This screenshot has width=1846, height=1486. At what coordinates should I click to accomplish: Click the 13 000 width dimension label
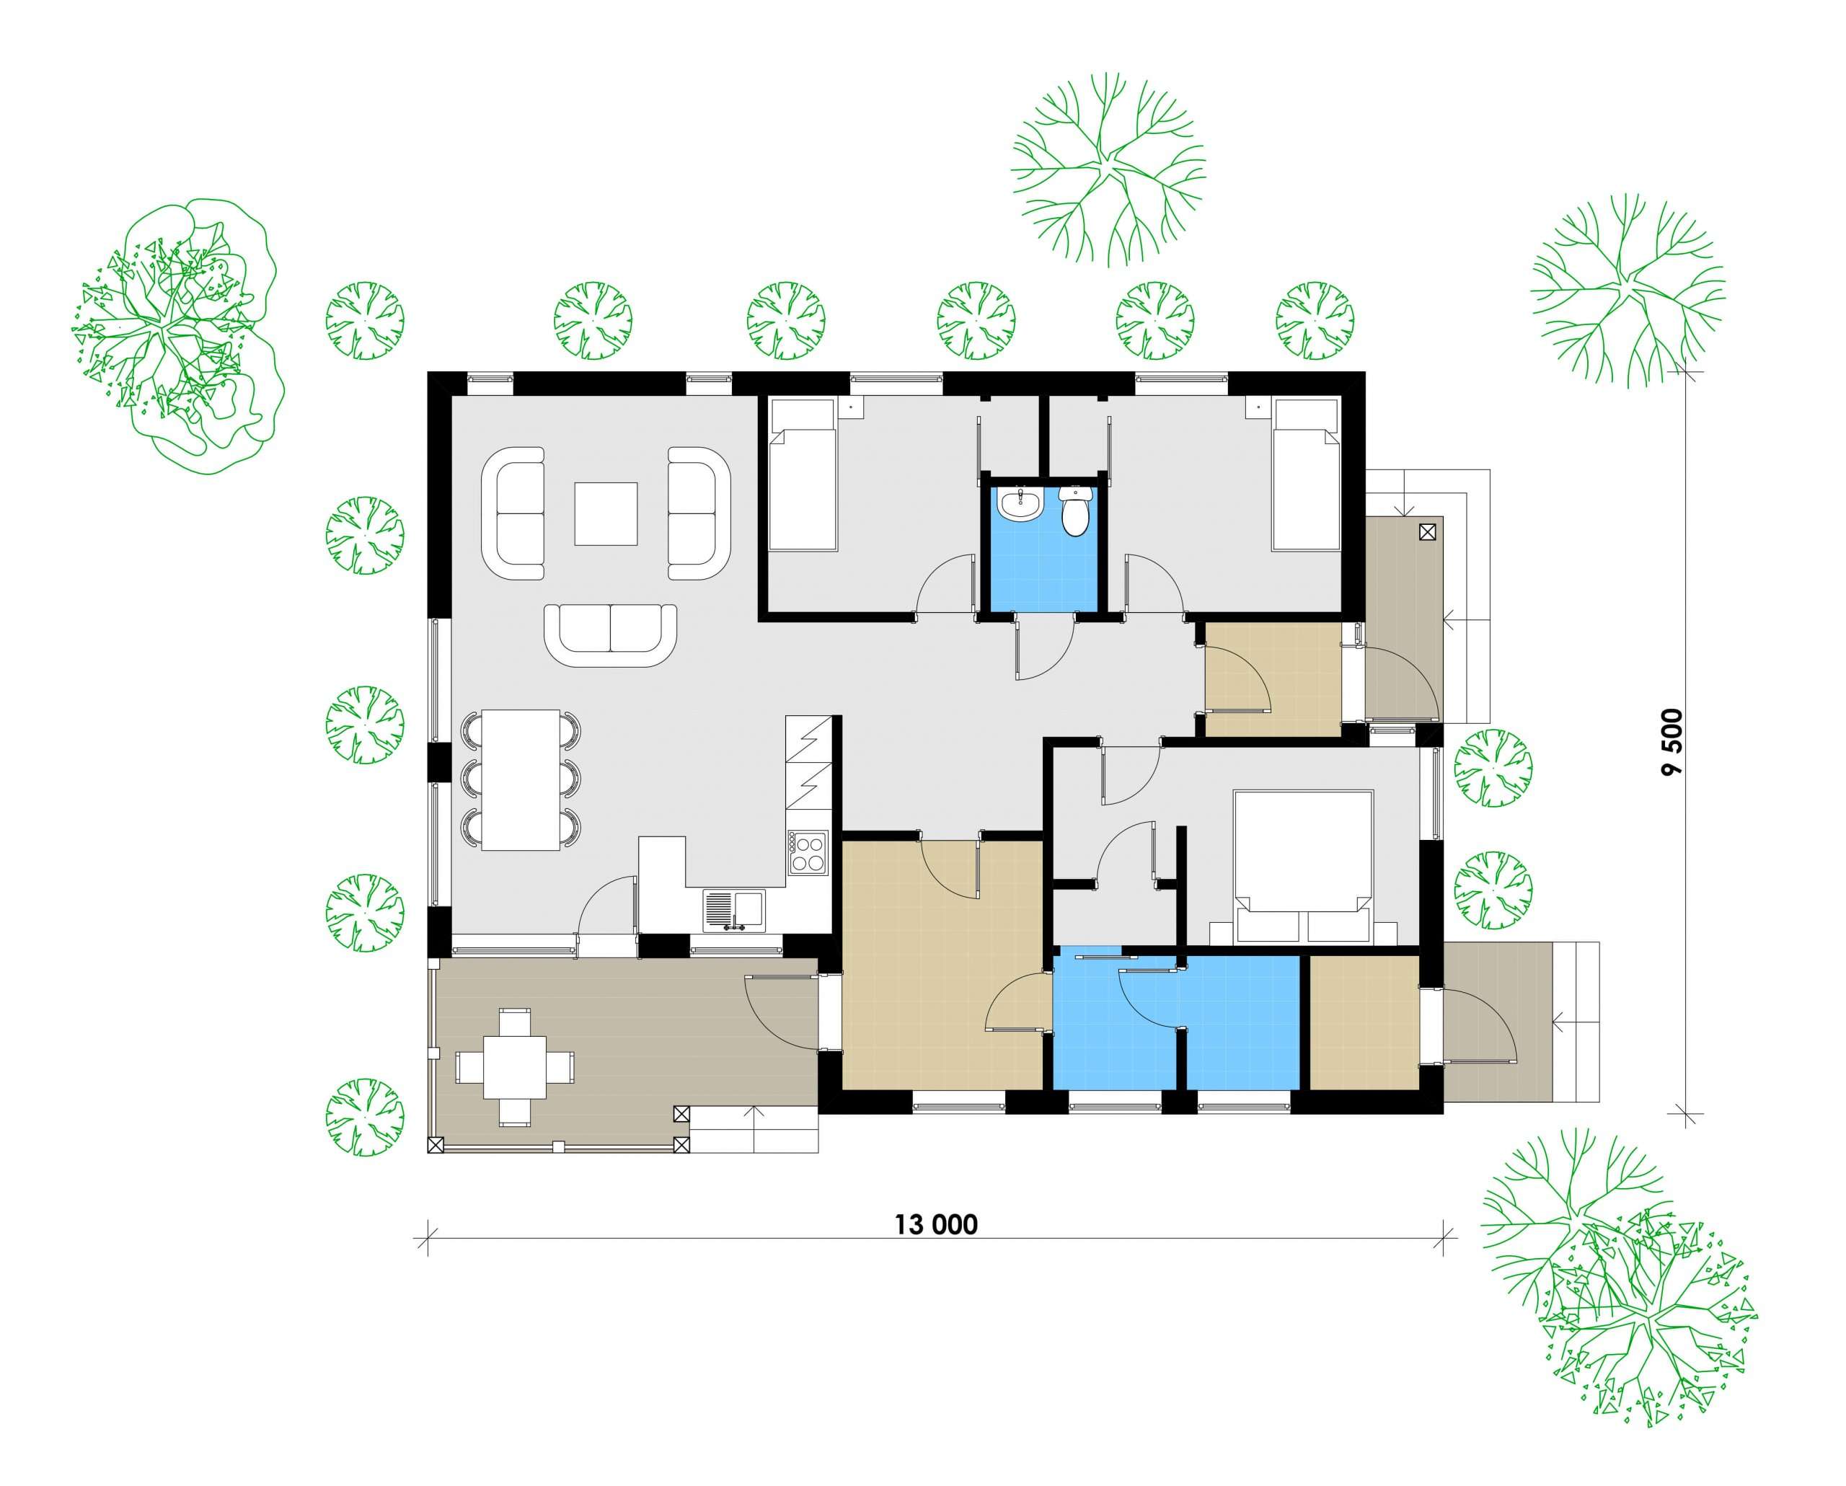pyautogui.click(x=936, y=1225)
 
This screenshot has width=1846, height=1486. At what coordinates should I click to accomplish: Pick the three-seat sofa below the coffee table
pyautogui.click(x=611, y=634)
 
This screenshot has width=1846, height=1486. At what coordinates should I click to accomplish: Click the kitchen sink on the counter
pyautogui.click(x=734, y=911)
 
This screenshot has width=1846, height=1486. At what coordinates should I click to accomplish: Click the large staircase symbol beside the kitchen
pyautogui.click(x=808, y=763)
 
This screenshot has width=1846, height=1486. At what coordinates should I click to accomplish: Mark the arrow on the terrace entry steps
pyautogui.click(x=754, y=1115)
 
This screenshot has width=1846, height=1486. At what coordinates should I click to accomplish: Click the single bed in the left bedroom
pyautogui.click(x=803, y=476)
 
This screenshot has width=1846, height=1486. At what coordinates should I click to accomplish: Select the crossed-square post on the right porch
pyautogui.click(x=1426, y=532)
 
